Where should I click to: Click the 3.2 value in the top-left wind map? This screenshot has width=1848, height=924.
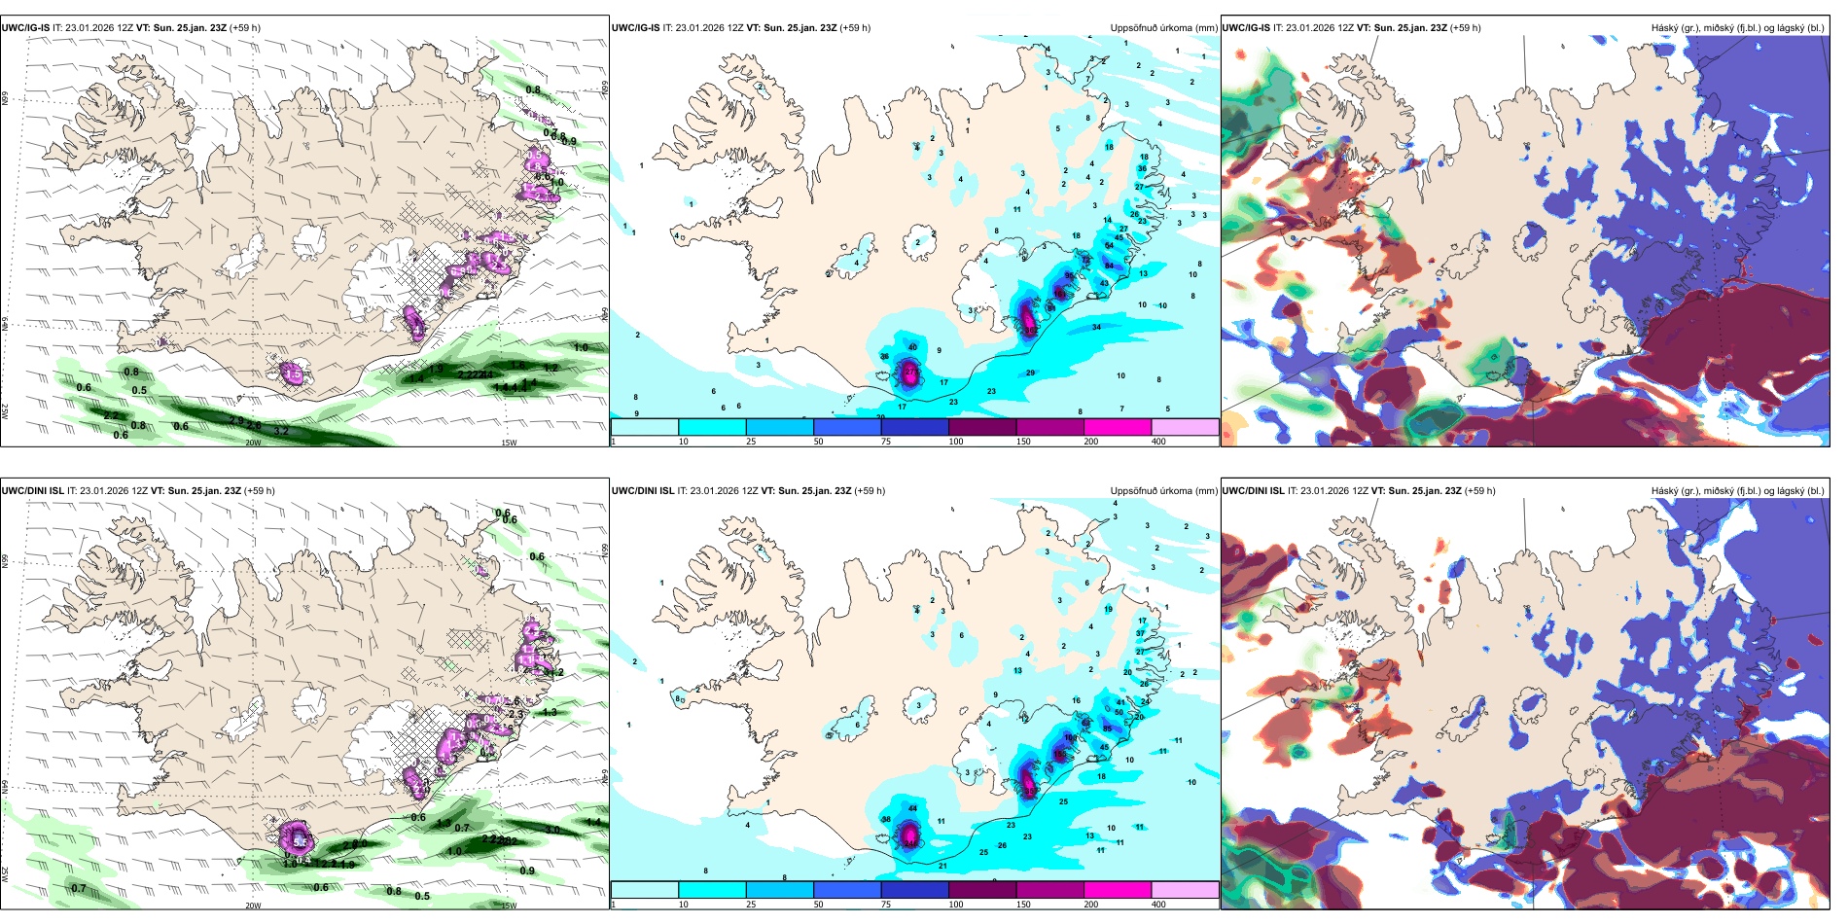click(x=282, y=430)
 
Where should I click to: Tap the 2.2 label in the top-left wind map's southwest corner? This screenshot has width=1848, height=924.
click(x=112, y=415)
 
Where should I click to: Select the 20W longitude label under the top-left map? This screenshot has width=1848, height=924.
click(x=253, y=443)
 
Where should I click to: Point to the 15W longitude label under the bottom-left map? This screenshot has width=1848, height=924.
click(x=509, y=906)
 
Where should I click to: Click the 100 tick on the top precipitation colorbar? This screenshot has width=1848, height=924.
click(x=956, y=442)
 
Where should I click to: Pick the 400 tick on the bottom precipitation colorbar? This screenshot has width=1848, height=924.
click(x=1158, y=905)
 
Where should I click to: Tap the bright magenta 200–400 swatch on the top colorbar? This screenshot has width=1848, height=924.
click(x=1118, y=426)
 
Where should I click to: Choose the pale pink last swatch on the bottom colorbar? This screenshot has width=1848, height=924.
click(x=1185, y=889)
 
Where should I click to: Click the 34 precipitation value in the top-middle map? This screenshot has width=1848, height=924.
click(x=1096, y=327)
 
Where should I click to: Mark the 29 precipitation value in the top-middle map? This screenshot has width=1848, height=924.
click(x=1030, y=373)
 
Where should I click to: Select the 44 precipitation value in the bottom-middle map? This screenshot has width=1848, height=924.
click(x=912, y=808)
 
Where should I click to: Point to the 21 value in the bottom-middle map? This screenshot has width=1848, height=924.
click(x=942, y=866)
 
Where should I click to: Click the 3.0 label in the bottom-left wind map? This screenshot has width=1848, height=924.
click(x=552, y=830)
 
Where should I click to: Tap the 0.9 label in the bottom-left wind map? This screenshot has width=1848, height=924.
click(x=527, y=871)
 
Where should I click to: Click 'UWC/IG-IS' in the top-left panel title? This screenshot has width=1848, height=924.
click(x=26, y=28)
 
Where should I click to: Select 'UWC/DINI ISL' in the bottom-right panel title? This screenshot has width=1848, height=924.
click(x=1253, y=491)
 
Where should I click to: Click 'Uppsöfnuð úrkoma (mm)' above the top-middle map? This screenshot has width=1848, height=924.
click(x=1163, y=28)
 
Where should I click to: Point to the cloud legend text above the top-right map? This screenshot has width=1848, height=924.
click(x=1737, y=28)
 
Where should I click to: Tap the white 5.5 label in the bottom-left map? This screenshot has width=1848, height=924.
click(x=301, y=841)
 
